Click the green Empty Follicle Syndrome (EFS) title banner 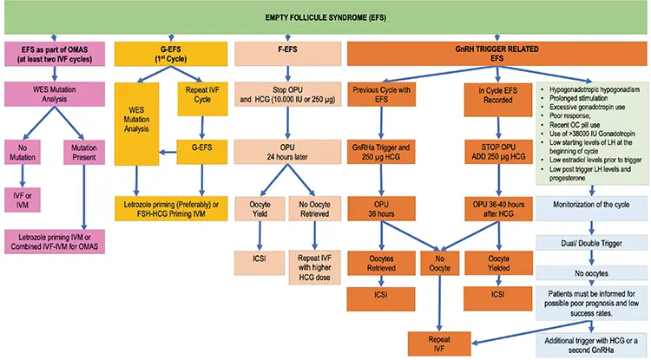pyautogui.click(x=325, y=17)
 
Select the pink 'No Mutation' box pyautogui.click(x=23, y=152)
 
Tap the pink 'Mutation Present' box pyautogui.click(x=84, y=152)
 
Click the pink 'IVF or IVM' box pyautogui.click(x=23, y=200)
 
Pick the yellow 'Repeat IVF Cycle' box pyautogui.click(x=202, y=99)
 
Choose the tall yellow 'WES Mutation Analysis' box pyautogui.click(x=136, y=124)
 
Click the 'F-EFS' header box pyautogui.click(x=287, y=54)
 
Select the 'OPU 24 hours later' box pyautogui.click(x=287, y=152)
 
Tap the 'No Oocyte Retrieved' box pyautogui.click(x=314, y=208)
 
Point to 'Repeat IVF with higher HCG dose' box pyautogui.click(x=314, y=267)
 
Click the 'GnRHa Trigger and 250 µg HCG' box pyautogui.click(x=381, y=152)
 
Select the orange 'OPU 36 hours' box pyautogui.click(x=381, y=208)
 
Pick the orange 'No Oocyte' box pyautogui.click(x=440, y=263)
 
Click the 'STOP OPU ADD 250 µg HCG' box pyautogui.click(x=498, y=152)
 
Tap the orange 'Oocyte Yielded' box pyautogui.click(x=498, y=263)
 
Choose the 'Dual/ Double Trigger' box pyautogui.click(x=591, y=243)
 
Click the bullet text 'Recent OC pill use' pyautogui.click(x=575, y=124)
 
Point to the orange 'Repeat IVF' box pyautogui.click(x=439, y=344)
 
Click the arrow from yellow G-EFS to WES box pyautogui.click(x=168, y=152)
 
